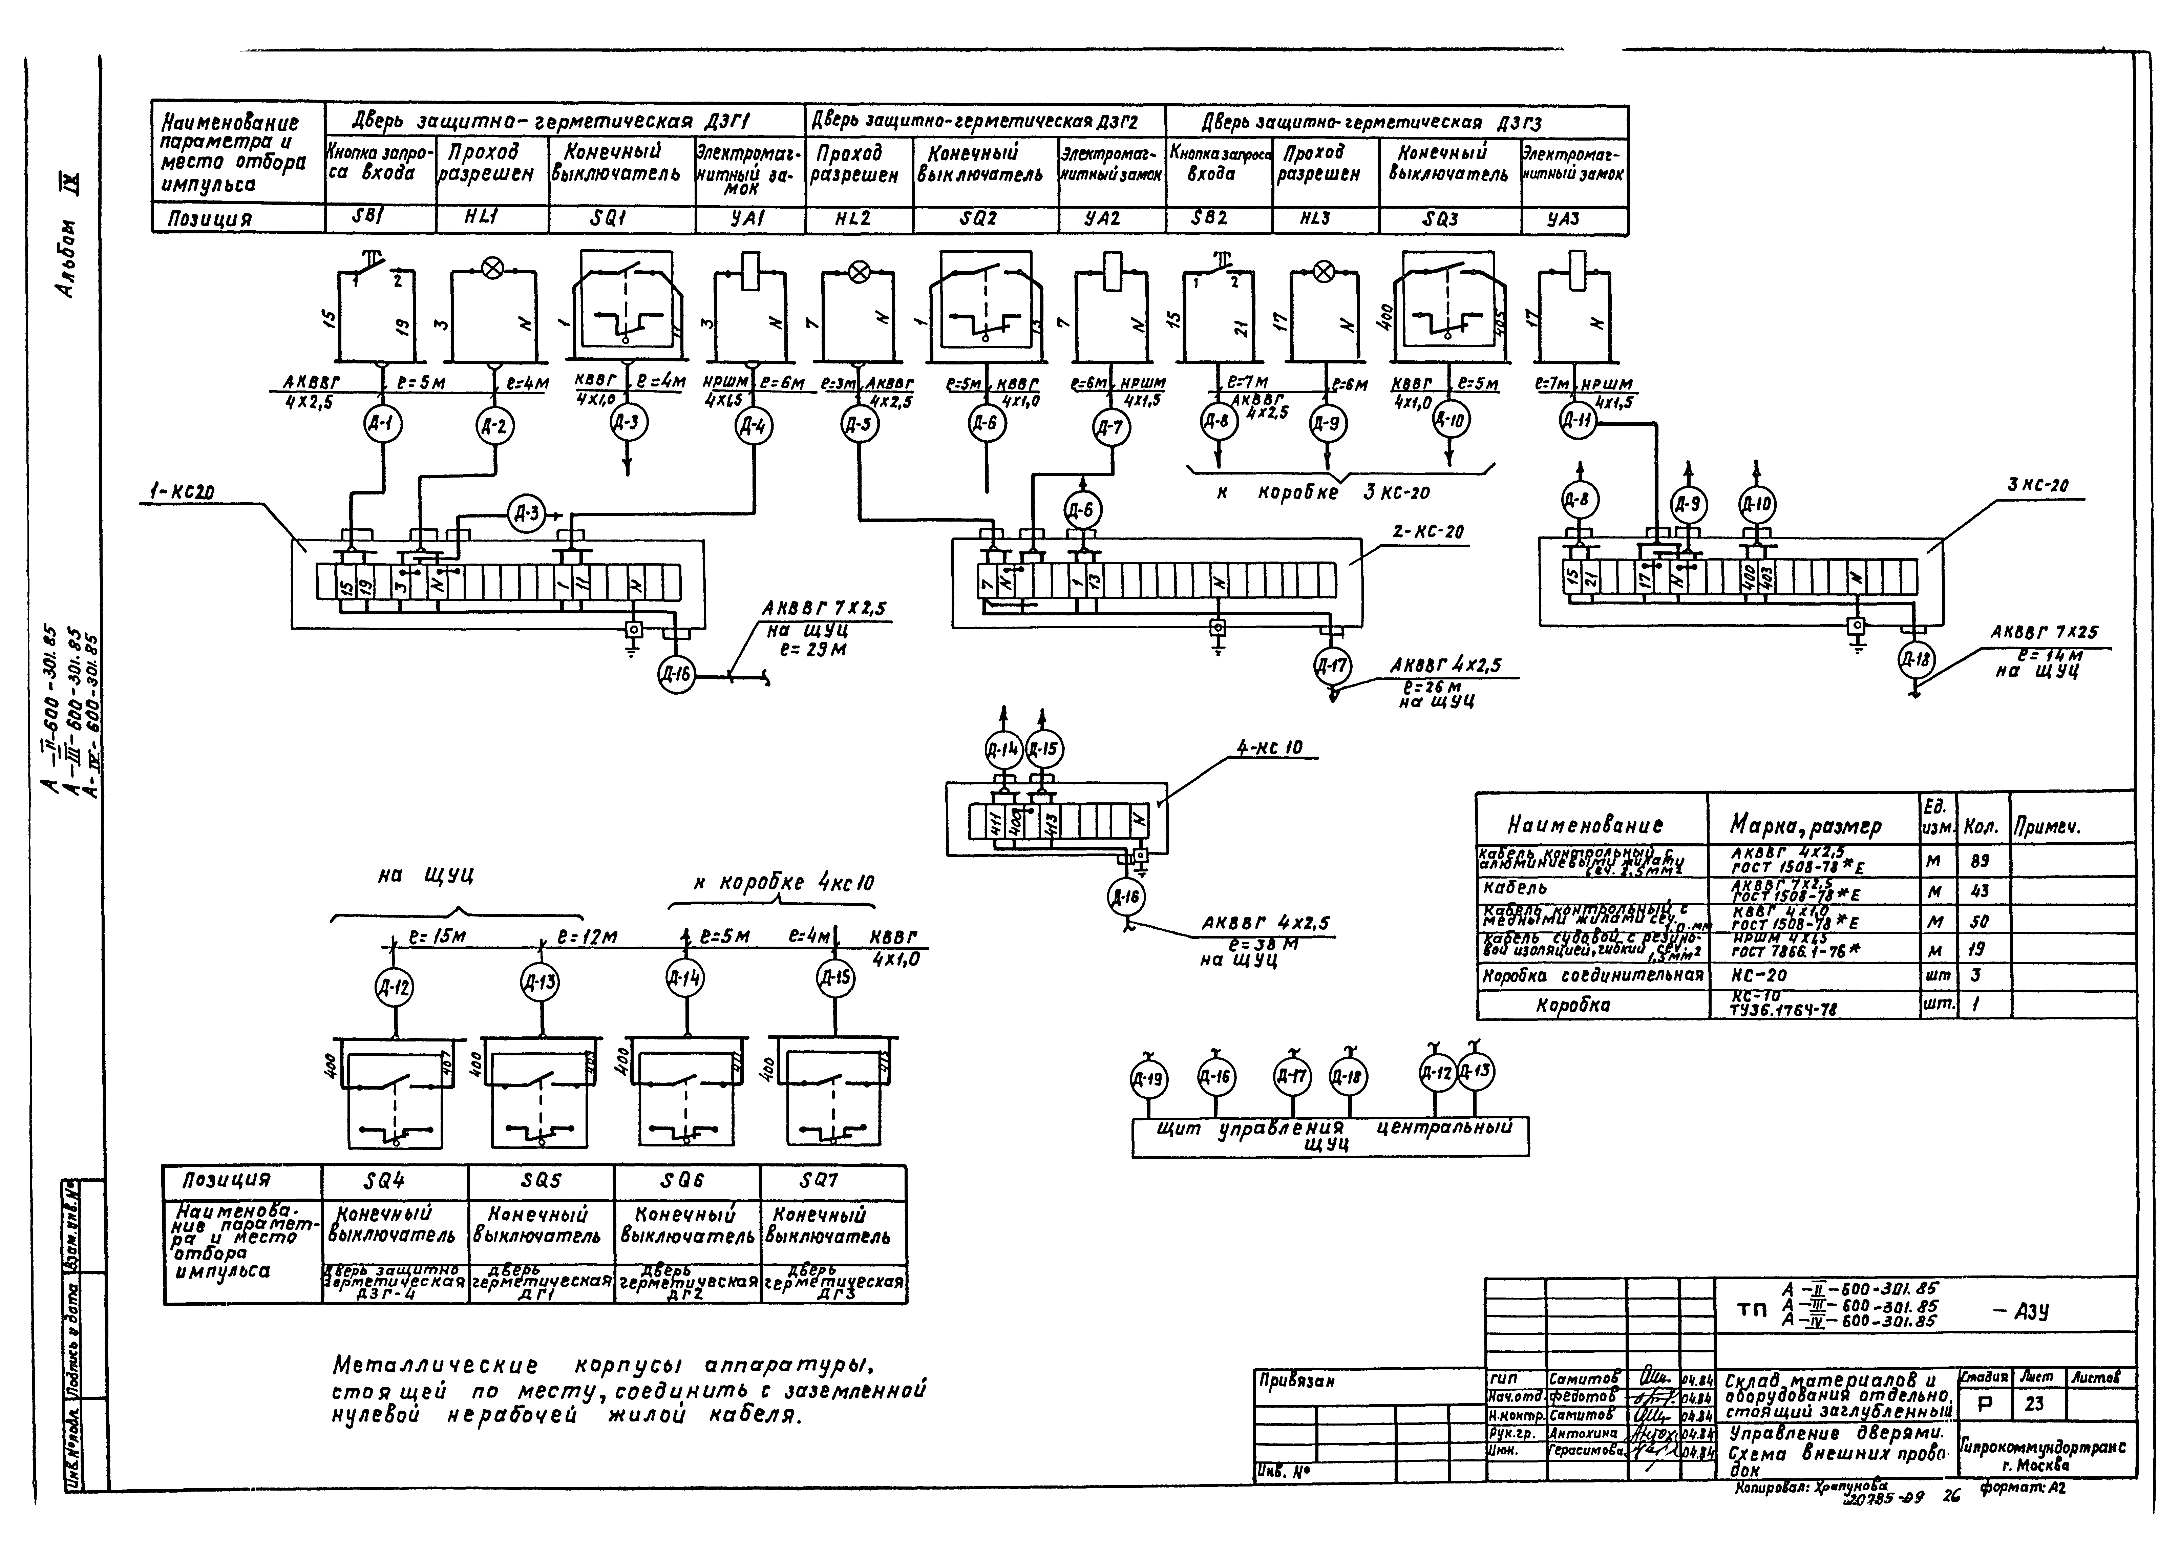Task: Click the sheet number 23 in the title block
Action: click(x=2034, y=1404)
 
